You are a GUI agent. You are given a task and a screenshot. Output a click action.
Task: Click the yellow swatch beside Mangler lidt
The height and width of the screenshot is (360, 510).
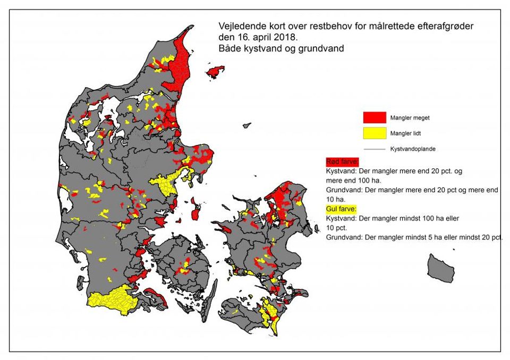tap(375, 133)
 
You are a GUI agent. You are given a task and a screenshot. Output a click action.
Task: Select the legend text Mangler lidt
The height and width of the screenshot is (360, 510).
tap(406, 133)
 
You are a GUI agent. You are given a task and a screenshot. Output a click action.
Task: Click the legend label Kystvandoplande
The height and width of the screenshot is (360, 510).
tap(413, 149)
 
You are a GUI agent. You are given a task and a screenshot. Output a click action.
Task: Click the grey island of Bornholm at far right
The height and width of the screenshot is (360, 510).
tap(441, 268)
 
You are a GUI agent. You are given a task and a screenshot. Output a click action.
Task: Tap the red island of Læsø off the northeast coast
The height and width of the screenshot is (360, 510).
tap(215, 71)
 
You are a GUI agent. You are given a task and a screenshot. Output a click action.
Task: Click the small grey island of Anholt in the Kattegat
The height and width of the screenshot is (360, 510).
tap(246, 126)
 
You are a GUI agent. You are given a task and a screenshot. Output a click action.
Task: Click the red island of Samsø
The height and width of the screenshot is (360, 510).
tap(194, 214)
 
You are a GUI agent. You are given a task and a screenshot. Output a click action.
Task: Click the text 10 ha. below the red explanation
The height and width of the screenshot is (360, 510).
tap(336, 199)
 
